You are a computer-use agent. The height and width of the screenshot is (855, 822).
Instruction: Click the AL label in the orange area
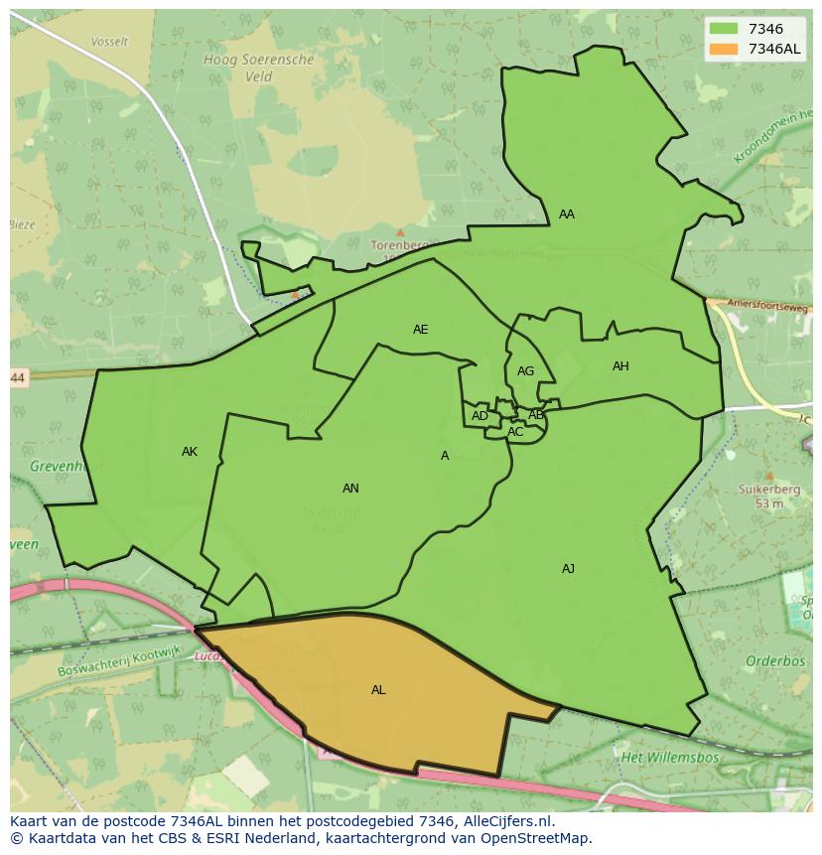[x=378, y=690]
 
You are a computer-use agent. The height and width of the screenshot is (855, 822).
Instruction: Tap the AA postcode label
[x=566, y=214]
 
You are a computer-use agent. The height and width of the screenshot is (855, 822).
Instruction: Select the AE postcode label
[x=421, y=330]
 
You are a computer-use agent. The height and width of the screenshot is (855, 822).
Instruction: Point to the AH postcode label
[x=620, y=366]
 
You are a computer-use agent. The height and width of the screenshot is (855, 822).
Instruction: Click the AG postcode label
[x=525, y=371]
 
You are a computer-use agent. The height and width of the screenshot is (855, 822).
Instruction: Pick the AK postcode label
[x=190, y=452]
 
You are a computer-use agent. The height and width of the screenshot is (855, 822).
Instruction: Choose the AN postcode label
[x=350, y=489]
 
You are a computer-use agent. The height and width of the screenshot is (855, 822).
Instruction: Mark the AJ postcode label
[x=568, y=569]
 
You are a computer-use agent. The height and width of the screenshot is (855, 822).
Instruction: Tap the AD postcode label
[x=479, y=416]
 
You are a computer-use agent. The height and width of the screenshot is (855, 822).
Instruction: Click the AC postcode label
[x=515, y=432]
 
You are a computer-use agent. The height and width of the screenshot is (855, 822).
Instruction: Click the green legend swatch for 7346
[x=724, y=30]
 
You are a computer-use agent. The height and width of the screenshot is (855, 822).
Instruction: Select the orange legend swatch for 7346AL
[x=724, y=49]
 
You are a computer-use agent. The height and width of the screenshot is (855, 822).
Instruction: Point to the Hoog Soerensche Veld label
[x=258, y=68]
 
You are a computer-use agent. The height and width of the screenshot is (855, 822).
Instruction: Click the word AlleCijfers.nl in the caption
[x=505, y=822]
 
